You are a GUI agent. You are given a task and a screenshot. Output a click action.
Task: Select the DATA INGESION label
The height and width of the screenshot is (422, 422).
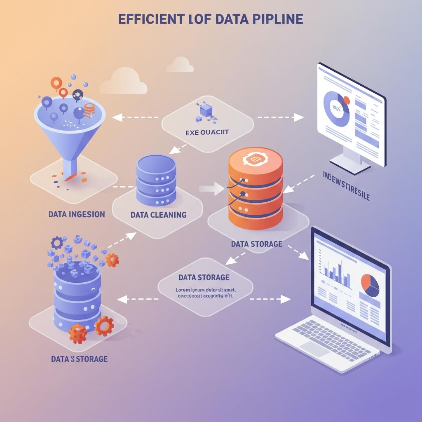point(76,214)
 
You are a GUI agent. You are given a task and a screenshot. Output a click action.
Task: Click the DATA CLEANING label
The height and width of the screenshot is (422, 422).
point(158,215)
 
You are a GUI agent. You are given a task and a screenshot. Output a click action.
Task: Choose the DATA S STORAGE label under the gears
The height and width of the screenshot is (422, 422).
point(80,359)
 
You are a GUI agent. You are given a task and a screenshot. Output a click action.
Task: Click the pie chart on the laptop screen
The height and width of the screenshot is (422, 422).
point(370,285)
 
